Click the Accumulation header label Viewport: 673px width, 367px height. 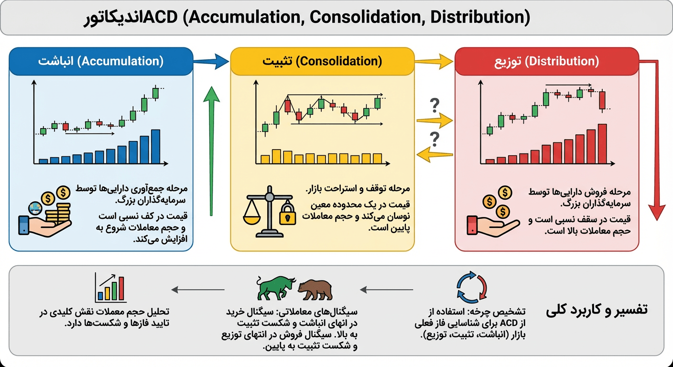[101, 61]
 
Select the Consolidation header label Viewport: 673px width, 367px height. [322, 61]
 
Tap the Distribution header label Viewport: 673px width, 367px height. [546, 61]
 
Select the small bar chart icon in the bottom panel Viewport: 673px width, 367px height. [110, 287]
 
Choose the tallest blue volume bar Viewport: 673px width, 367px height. [155, 146]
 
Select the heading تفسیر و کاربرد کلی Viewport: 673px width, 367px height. [596, 310]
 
